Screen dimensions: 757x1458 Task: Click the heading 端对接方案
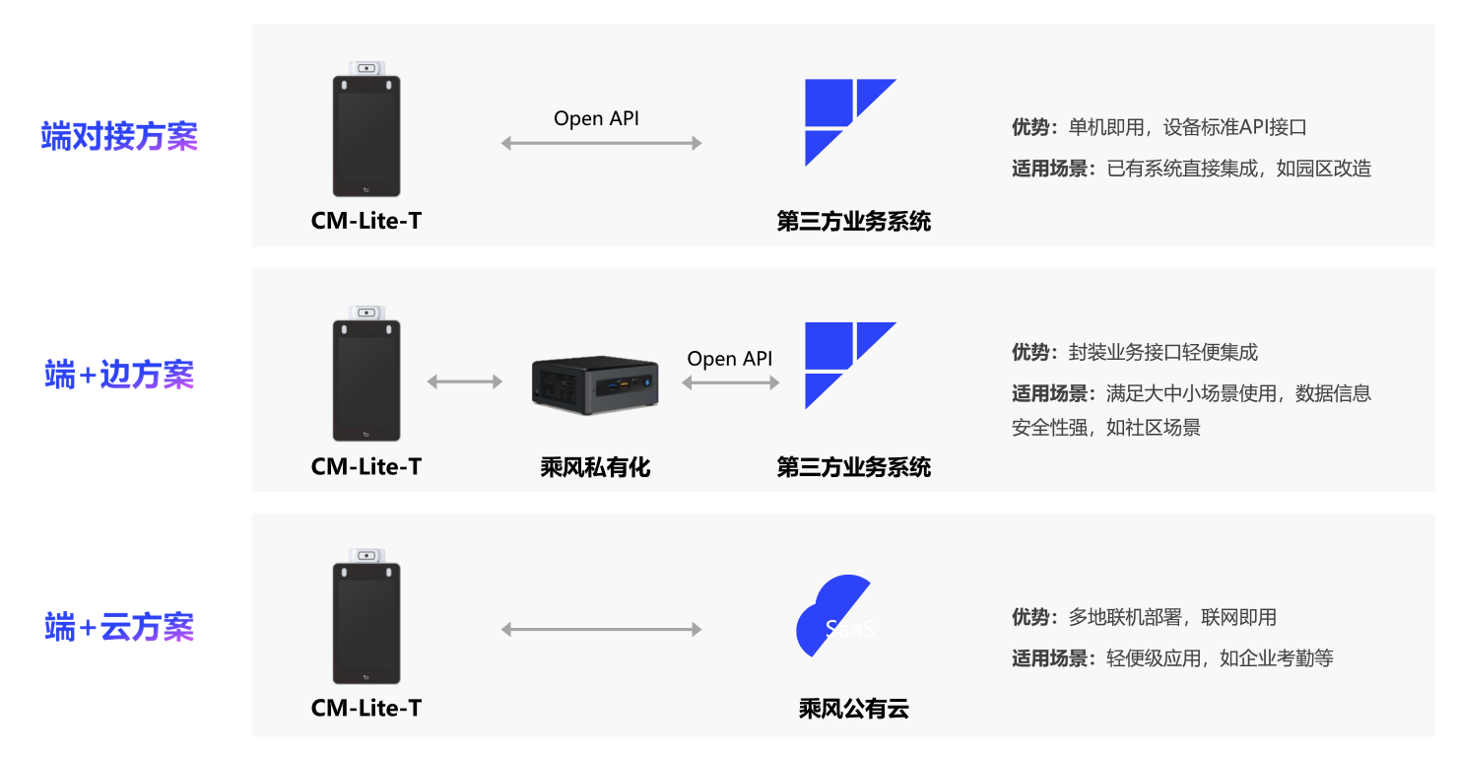click(119, 136)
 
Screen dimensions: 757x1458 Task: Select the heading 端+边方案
click(119, 375)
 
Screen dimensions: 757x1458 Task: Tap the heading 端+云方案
click(119, 627)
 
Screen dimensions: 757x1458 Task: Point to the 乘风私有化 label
click(595, 467)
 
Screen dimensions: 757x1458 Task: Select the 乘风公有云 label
click(853, 708)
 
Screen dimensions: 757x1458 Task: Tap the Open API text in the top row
click(597, 118)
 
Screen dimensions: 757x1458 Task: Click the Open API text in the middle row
click(730, 359)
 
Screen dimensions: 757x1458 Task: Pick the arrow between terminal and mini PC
click(464, 381)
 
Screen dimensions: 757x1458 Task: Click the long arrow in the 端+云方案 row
click(601, 629)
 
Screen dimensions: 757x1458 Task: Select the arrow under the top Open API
click(601, 143)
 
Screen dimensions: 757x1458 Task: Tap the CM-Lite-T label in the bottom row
click(365, 708)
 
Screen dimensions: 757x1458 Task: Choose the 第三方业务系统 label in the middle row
click(853, 467)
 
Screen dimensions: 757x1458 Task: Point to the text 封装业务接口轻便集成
click(1162, 352)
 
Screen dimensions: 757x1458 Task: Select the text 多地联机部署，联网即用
click(1172, 617)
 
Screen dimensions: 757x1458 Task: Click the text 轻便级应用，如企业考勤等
click(1220, 658)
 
